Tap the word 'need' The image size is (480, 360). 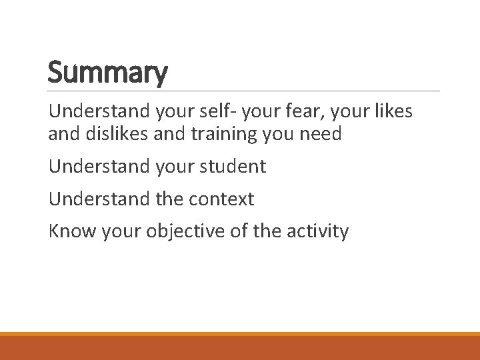pyautogui.click(x=321, y=134)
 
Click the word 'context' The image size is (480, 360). pyautogui.click(x=223, y=199)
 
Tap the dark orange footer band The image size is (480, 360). pyautogui.click(x=240, y=348)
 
